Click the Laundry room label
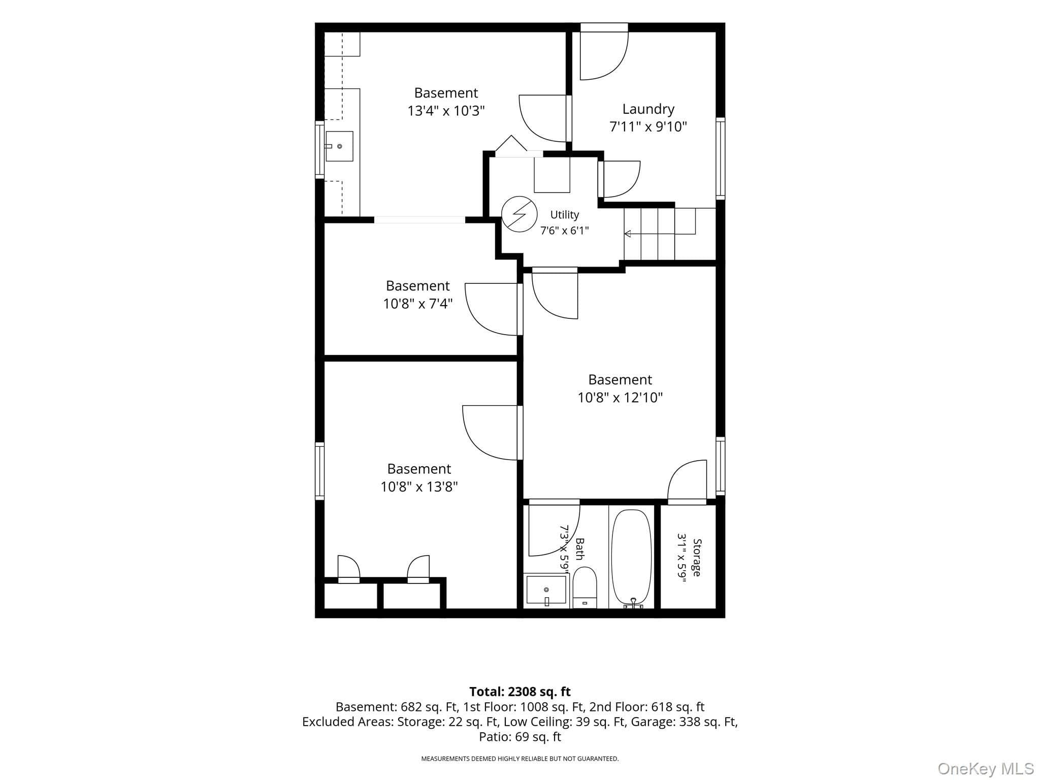point(648,109)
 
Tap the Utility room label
point(564,215)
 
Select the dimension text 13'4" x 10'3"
point(446,111)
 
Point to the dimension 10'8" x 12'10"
point(620,397)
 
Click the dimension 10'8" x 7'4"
point(417,304)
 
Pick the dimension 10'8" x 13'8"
point(419,486)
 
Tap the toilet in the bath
point(584,588)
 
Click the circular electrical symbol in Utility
point(519,214)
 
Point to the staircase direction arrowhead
point(628,234)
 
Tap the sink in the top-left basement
point(339,146)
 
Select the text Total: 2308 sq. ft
point(519,692)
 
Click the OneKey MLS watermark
point(986,768)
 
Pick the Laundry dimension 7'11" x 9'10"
point(648,126)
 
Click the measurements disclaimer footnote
point(520,759)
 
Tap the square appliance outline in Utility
point(551,175)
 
